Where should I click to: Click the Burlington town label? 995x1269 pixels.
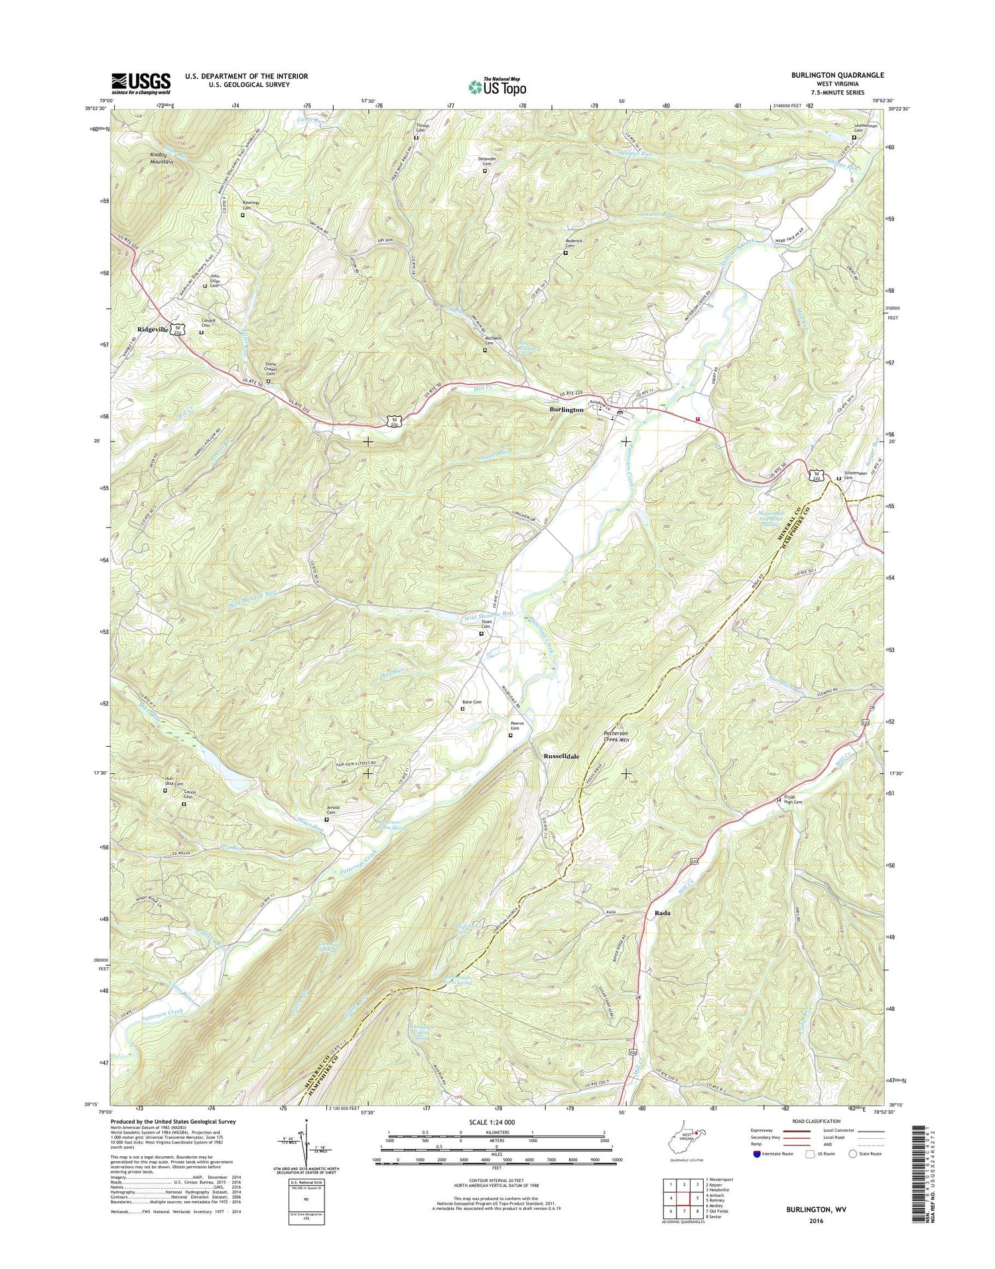[566, 410]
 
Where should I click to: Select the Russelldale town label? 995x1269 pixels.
[561, 756]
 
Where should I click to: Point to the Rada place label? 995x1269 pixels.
[661, 913]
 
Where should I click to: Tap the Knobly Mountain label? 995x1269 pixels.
[161, 158]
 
